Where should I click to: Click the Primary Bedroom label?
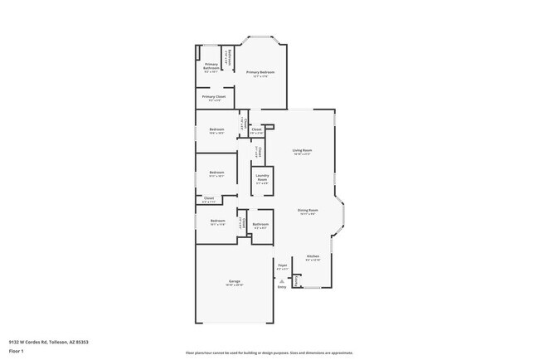pos(260,73)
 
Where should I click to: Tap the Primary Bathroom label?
pos(211,66)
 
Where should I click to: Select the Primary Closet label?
pos(213,96)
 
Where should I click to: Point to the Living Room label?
pos(301,150)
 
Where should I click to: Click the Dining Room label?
pos(308,210)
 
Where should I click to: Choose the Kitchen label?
pos(313,256)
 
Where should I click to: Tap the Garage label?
pos(235,281)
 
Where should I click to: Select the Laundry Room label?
pos(262,177)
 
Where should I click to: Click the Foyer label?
pos(282,265)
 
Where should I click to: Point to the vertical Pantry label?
pos(296,280)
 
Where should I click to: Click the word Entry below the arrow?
pos(282,287)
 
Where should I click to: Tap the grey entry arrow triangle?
pos(282,281)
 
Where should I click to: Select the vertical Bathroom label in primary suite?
pos(230,56)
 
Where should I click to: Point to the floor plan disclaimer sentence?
pos(269,353)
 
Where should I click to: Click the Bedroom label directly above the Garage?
pos(217,221)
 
